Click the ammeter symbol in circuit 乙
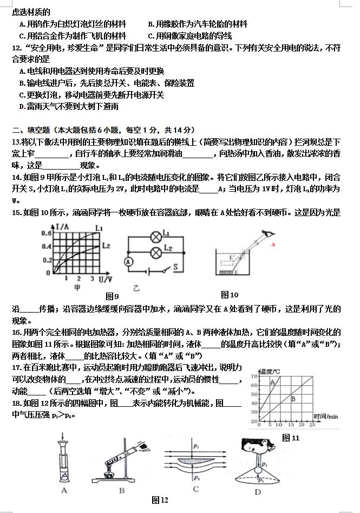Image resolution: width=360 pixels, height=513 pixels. coord(129,261)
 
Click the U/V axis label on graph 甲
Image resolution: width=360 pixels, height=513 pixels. coord(107,278)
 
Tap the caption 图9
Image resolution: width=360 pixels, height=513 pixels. coord(113,296)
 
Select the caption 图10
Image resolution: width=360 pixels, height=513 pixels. coord(230,295)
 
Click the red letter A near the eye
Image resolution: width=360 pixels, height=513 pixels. coord(273,244)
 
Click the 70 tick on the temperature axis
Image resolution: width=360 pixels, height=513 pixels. coord(254,376)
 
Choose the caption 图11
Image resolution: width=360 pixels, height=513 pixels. coord(291,438)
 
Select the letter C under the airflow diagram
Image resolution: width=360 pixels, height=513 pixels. coord(195,489)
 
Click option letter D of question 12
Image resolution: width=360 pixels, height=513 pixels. coord(21,107)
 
